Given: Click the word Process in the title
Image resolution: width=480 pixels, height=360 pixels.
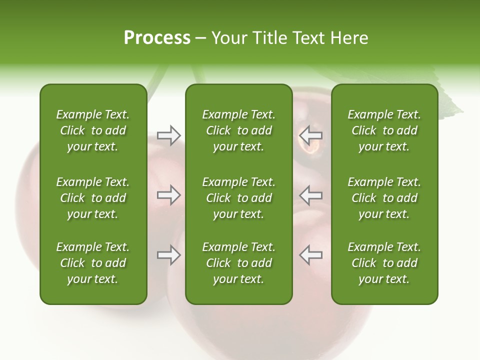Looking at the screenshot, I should [157, 38].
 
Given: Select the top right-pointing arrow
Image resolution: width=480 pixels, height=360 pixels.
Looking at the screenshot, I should [168, 135].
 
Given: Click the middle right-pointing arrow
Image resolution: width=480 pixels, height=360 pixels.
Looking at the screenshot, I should [168, 195].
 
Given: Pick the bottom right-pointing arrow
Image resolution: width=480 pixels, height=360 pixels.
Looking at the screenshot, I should [168, 255].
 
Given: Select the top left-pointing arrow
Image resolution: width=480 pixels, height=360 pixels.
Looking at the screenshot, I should [310, 135].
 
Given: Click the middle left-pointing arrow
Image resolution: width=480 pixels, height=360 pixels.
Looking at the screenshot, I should [310, 195].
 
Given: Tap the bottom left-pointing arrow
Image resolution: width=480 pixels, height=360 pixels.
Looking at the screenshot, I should [310, 255].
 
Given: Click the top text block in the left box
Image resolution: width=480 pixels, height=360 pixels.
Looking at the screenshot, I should [93, 130].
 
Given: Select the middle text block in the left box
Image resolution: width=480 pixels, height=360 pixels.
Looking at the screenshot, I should [93, 198].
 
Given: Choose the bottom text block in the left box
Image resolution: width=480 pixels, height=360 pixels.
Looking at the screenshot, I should [93, 263].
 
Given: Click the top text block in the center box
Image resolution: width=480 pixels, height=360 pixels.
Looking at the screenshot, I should [238, 130].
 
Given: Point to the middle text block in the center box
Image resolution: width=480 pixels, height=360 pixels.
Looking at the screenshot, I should [238, 198].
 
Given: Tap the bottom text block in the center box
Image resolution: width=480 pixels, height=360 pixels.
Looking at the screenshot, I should [238, 263].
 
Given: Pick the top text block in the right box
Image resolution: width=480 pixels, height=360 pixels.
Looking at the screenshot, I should [384, 130].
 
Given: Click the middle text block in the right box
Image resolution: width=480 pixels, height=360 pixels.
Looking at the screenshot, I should [384, 198].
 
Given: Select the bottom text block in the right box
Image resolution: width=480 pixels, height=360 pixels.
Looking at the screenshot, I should [384, 263].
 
